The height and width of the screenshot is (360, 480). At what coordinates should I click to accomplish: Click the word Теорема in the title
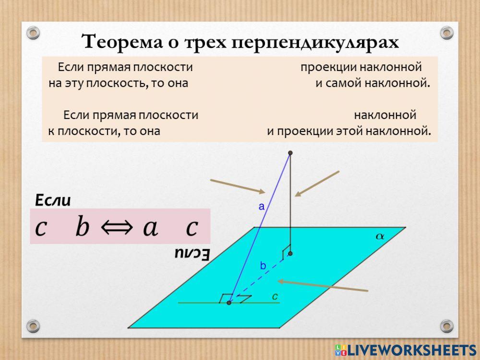tap(120, 42)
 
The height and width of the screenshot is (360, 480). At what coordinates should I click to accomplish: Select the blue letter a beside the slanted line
tap(262, 207)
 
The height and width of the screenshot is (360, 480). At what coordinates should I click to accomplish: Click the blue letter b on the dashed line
tap(263, 265)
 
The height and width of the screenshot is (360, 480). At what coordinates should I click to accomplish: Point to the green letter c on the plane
tap(275, 297)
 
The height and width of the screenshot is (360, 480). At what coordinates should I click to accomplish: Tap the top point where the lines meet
tap(290, 153)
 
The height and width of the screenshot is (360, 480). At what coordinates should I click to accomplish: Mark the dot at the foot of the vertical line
tap(290, 253)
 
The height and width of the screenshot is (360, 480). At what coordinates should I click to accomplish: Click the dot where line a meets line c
tap(229, 303)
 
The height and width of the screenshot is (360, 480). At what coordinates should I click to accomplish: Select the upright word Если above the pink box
tap(53, 200)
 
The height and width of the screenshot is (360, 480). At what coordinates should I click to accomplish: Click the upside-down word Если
tap(191, 254)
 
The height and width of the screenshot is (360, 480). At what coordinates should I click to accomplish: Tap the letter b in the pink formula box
tap(83, 227)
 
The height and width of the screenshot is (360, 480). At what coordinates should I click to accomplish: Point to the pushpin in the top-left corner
tap(32, 33)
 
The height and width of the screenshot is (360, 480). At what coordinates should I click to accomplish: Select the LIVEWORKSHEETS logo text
tap(411, 349)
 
